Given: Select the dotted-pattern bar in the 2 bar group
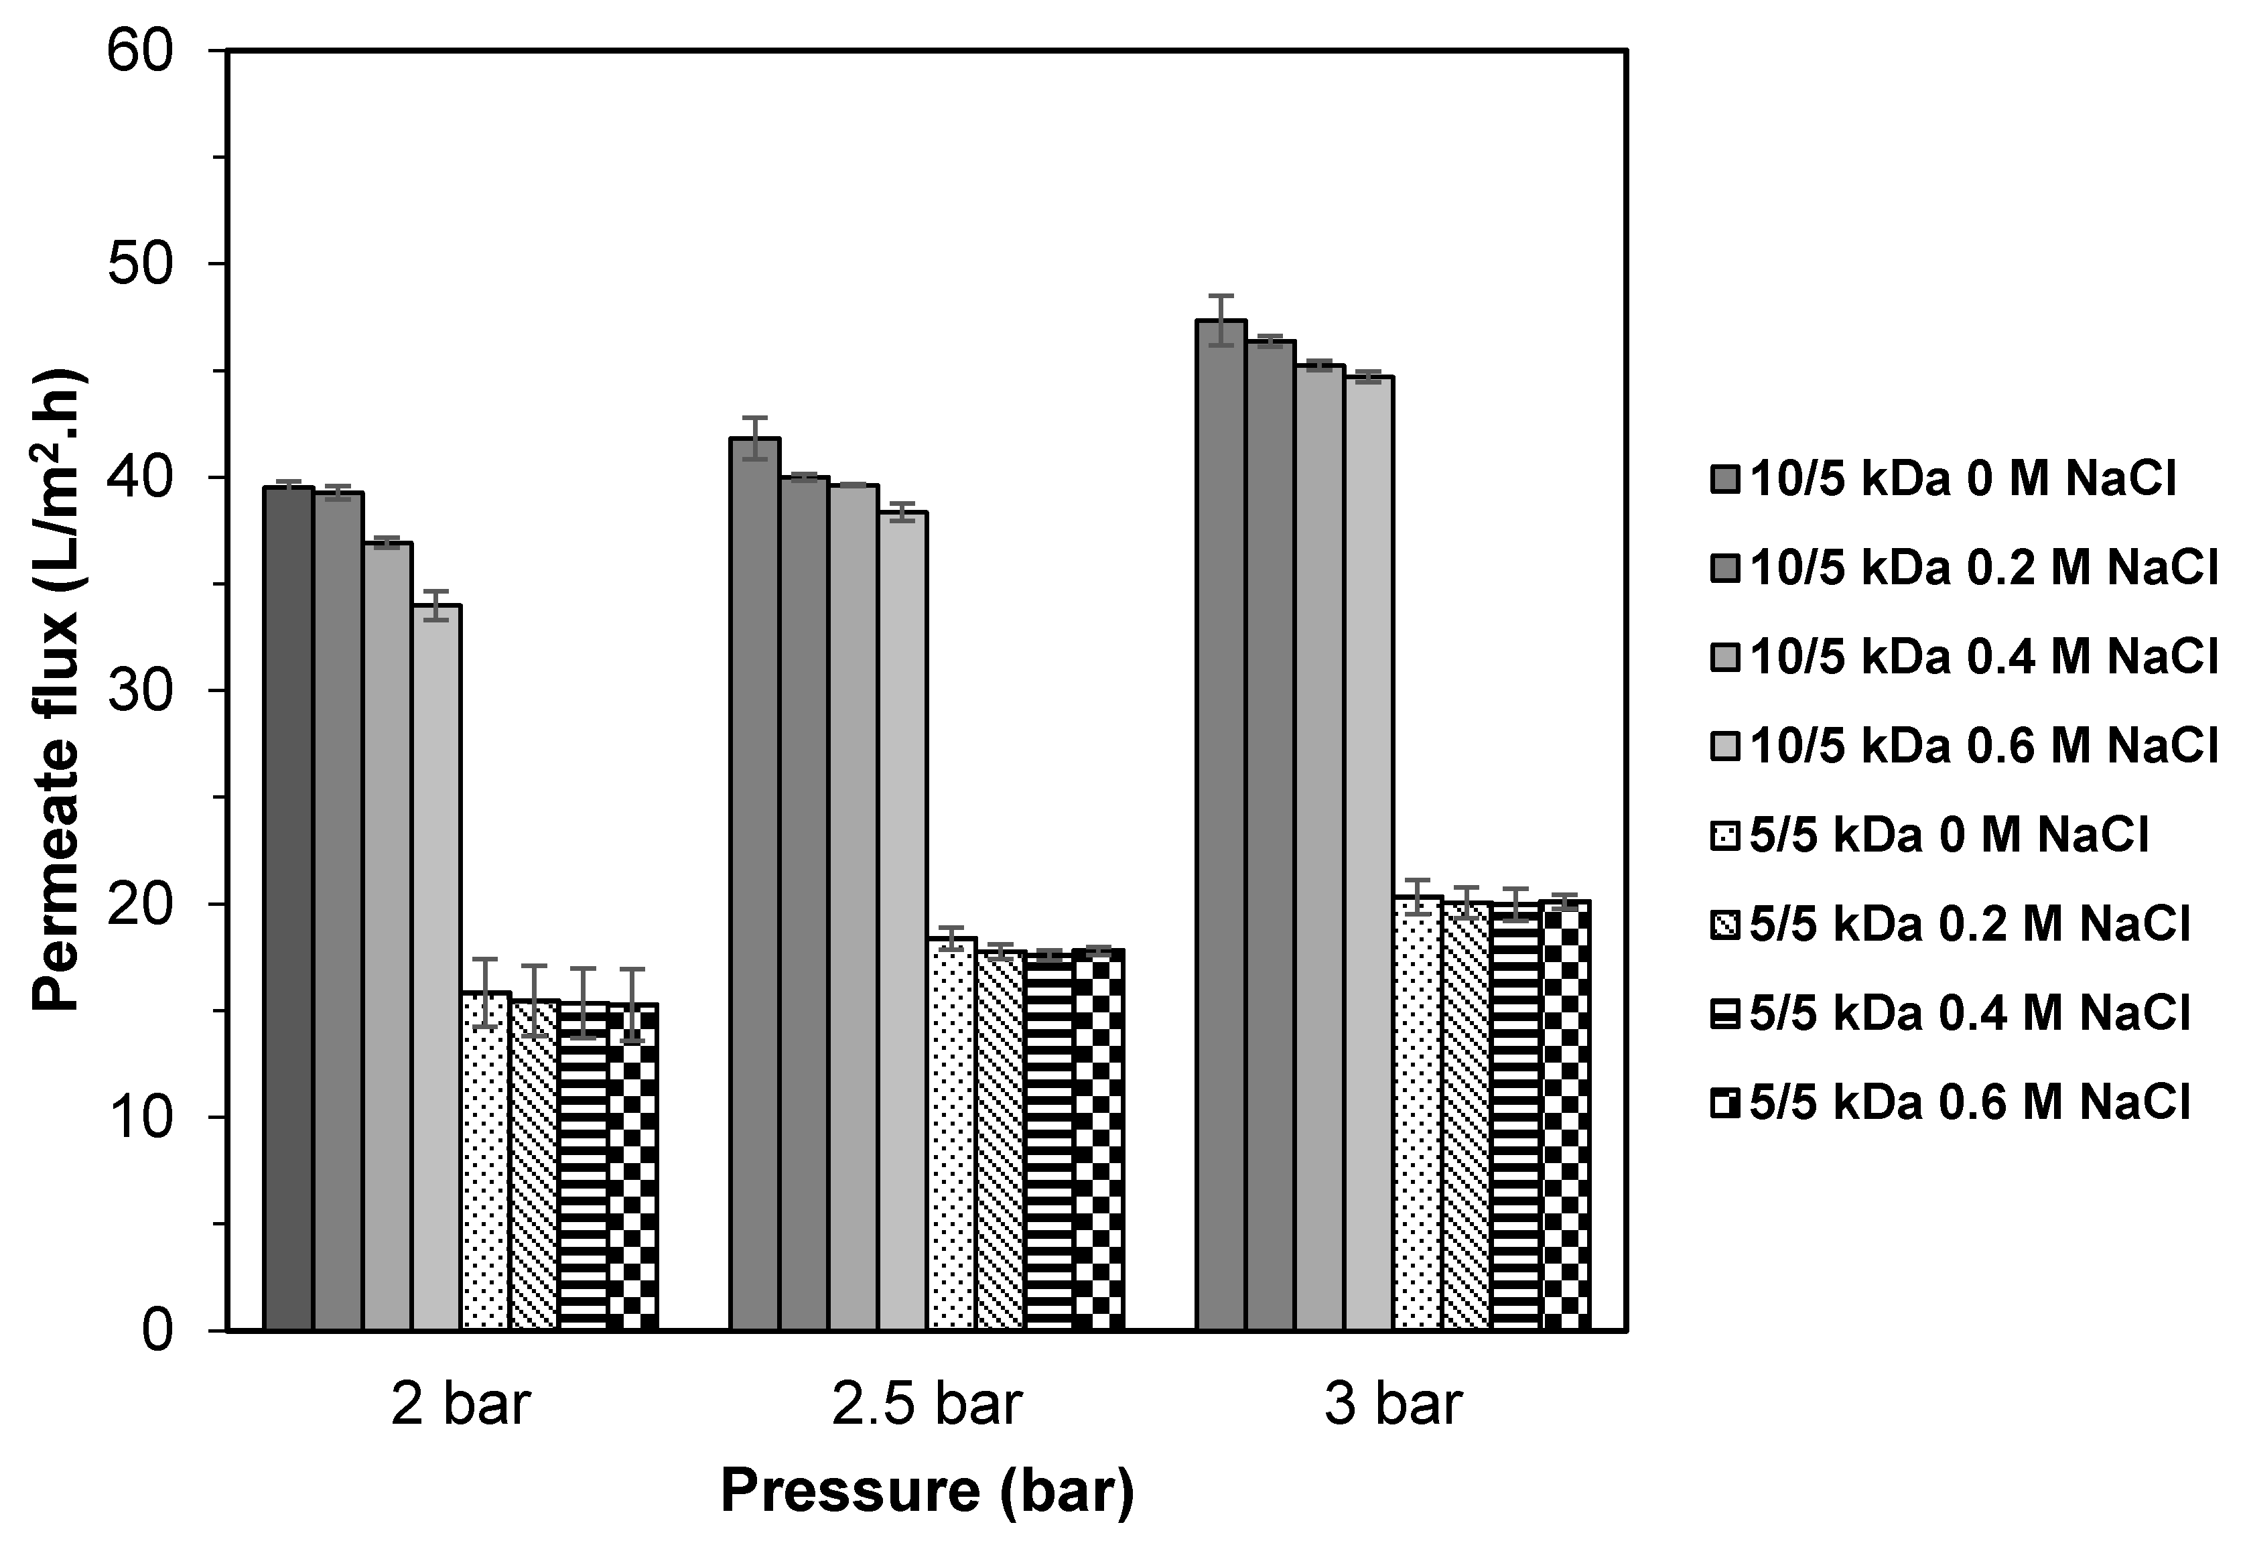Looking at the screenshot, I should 485,1159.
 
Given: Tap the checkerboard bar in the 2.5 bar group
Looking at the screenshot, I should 1098,1140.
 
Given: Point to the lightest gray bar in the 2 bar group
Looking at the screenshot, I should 435,966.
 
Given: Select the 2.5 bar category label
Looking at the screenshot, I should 927,1405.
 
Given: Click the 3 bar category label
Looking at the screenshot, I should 1392,1405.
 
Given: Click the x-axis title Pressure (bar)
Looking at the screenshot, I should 927,1491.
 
